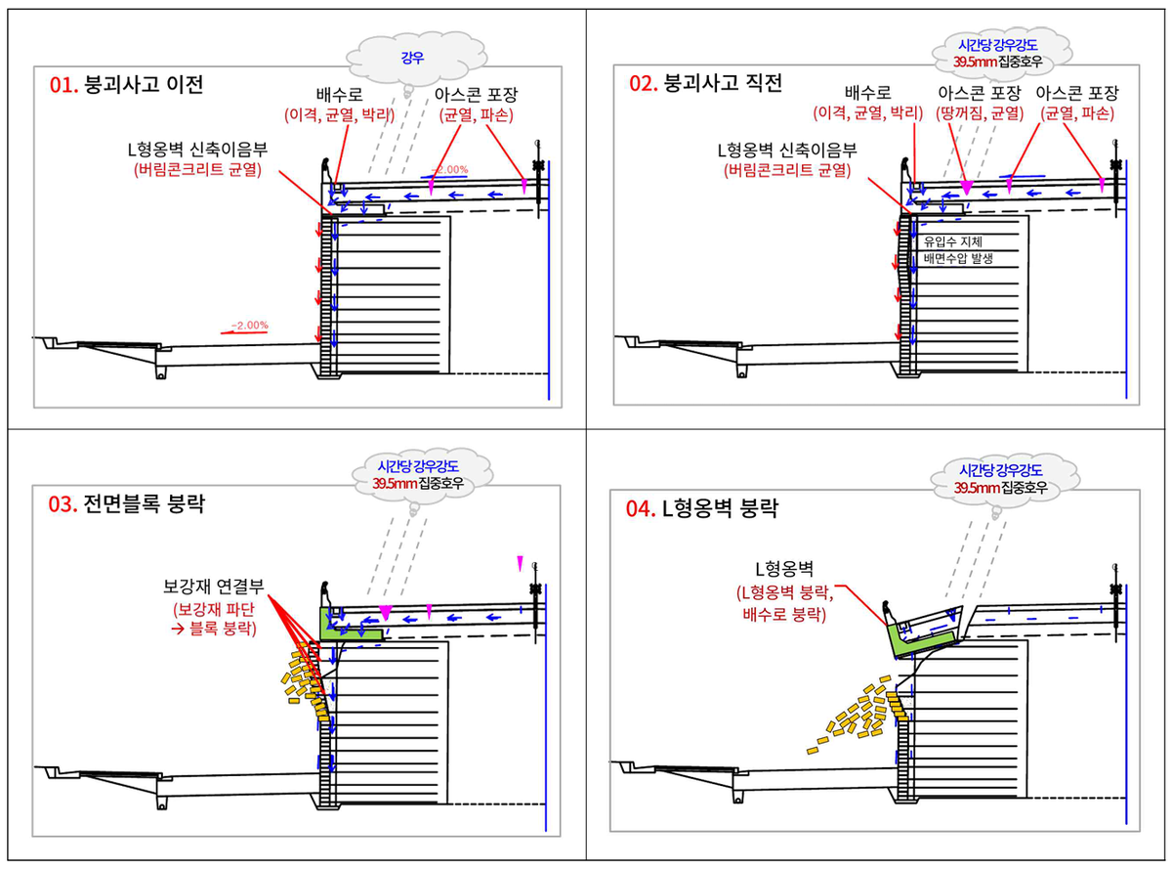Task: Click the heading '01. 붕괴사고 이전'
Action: [x=126, y=85]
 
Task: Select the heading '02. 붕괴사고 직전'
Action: [x=705, y=83]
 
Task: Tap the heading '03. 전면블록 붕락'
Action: [x=126, y=503]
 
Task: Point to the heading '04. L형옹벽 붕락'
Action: [x=701, y=508]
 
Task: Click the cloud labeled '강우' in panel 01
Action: [x=416, y=59]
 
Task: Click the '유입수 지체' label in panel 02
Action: [x=952, y=241]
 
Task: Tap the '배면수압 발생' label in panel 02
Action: [x=958, y=259]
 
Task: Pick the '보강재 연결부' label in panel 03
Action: [x=214, y=586]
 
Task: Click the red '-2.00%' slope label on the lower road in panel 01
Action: [x=249, y=326]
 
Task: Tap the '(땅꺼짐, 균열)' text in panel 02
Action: [x=980, y=113]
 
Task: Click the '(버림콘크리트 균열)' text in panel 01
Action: [x=197, y=170]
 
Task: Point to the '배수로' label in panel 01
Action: [x=339, y=95]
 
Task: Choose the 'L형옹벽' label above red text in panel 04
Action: [x=784, y=569]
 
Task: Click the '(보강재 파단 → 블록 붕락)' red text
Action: [x=214, y=619]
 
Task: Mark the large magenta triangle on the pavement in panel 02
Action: [x=967, y=189]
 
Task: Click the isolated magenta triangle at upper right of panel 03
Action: [x=520, y=563]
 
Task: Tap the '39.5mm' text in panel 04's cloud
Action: [x=976, y=487]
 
